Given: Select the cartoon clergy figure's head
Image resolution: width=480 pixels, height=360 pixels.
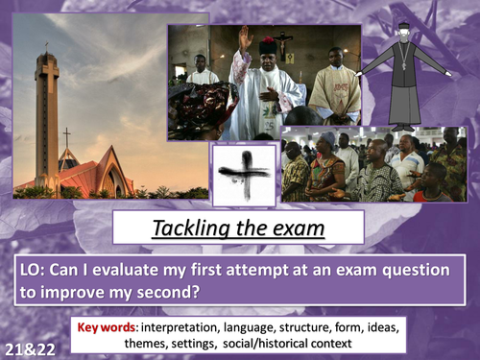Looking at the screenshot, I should coord(405,36).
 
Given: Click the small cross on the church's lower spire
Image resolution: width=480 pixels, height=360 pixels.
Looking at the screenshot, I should coord(65,135).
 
